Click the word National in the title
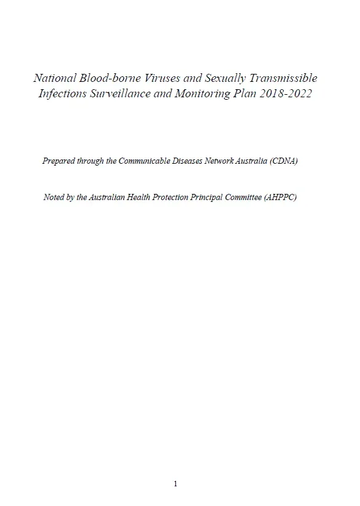[x=54, y=79]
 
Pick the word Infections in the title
[x=62, y=94]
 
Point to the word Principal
[x=212, y=198]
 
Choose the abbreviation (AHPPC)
[x=282, y=198]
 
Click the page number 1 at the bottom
[x=175, y=484]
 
